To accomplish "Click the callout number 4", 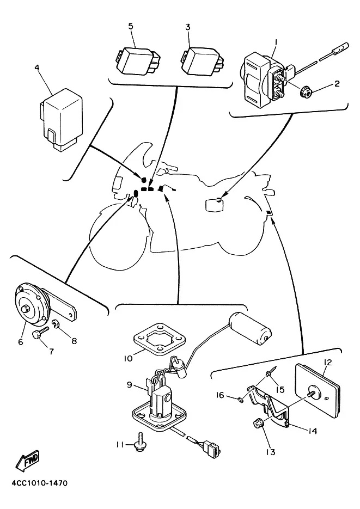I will (x=36, y=68).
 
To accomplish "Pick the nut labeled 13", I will (x=258, y=423).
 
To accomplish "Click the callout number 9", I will (x=130, y=384).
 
